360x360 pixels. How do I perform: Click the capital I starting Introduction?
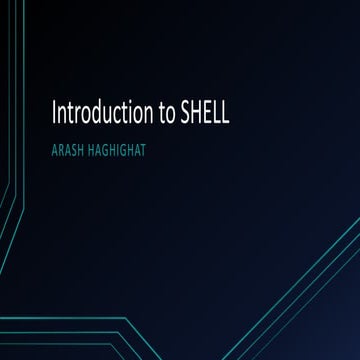(x=51, y=111)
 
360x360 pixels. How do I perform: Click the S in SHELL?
(x=185, y=111)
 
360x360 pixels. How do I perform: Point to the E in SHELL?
(x=208, y=111)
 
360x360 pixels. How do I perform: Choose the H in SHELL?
(x=196, y=111)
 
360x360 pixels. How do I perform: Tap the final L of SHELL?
(x=226, y=111)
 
